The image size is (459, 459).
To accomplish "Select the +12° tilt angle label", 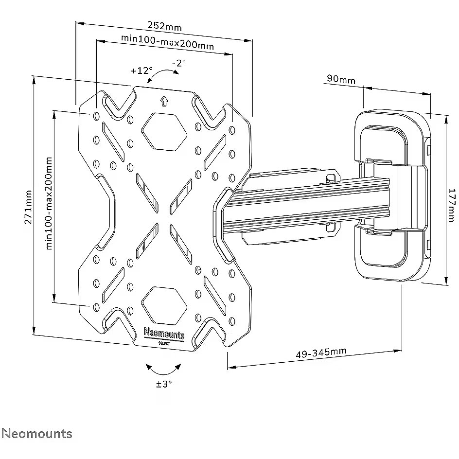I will pyautogui.click(x=141, y=71).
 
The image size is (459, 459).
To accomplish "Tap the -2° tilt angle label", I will pyautogui.click(x=179, y=63).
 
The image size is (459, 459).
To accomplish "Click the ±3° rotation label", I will pyautogui.click(x=164, y=384).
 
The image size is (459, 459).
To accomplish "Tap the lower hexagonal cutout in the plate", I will pyautogui.click(x=164, y=305).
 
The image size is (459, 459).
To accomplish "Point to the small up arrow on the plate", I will pyautogui.click(x=164, y=101).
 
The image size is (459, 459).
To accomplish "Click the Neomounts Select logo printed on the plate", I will pyautogui.click(x=164, y=336).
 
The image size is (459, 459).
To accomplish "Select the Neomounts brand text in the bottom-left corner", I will pyautogui.click(x=37, y=434).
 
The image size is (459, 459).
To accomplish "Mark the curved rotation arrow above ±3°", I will pyautogui.click(x=163, y=369).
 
